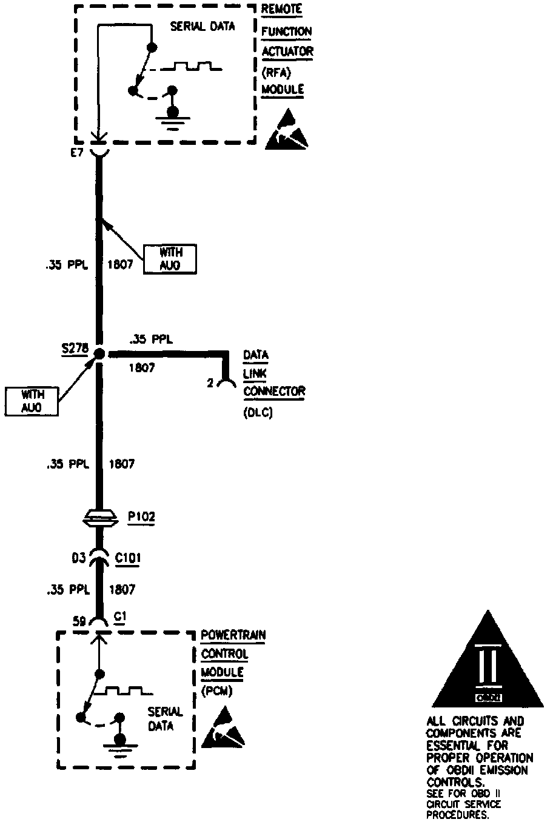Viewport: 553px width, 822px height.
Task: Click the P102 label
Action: coord(141,517)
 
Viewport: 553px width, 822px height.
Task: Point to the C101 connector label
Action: coord(127,557)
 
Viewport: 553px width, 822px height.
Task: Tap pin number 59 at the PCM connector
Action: coord(79,621)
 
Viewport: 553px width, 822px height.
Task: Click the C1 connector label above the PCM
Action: coord(120,618)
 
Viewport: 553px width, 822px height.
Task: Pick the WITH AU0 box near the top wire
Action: coord(170,259)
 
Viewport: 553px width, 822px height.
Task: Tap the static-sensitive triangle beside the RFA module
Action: coord(286,130)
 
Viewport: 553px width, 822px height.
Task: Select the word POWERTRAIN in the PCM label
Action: coord(233,637)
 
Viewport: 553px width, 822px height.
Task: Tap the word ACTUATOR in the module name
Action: coord(287,52)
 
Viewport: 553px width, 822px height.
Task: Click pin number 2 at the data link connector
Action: coord(210,383)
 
